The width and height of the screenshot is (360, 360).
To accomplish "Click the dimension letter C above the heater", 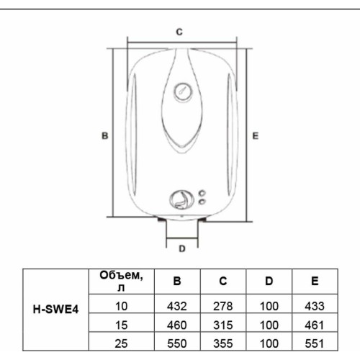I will coord(180,32).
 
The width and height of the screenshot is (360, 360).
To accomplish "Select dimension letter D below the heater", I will coord(182,248).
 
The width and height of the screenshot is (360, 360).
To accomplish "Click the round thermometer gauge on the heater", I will coord(182,92).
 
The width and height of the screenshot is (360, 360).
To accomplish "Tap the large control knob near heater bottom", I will coord(181,199).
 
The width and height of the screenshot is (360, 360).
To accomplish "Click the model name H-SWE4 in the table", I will coord(56,312).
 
